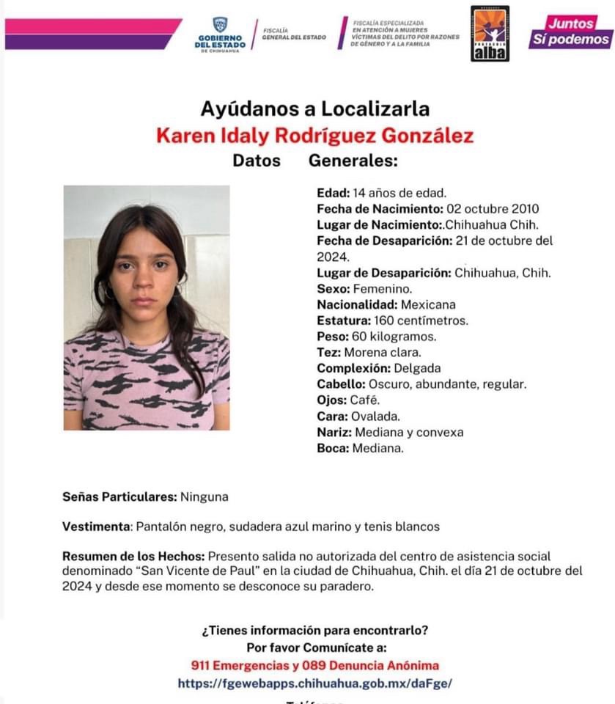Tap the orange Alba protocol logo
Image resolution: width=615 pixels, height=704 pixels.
pos(490,34)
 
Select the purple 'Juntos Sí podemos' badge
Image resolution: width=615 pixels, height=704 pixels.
pos(570,32)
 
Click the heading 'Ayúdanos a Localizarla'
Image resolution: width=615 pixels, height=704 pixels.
pos(314,109)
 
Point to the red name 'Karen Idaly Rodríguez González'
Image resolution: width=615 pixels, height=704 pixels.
pos(314,136)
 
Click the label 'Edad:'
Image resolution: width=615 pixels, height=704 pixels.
pos(333,194)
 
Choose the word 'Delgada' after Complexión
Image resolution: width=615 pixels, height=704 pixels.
pos(417,368)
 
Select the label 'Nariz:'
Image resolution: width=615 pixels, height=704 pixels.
pos(334,432)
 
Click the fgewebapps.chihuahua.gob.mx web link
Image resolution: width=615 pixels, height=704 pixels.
pos(314,683)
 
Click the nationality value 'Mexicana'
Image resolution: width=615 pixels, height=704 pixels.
pos(428,304)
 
